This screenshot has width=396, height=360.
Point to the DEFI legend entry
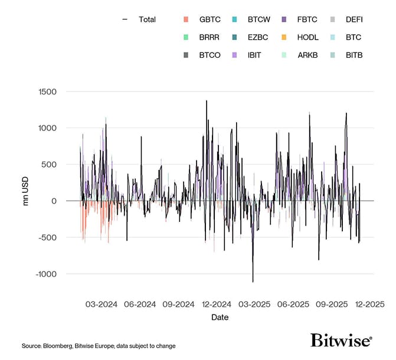354,19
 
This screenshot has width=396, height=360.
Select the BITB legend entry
354,55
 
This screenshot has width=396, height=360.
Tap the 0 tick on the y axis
54,201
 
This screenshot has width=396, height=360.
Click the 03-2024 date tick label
102,305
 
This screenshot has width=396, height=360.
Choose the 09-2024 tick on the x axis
178,305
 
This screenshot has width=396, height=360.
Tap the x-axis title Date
220,318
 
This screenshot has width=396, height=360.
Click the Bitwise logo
341,341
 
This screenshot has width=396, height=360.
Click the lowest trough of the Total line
253,282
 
